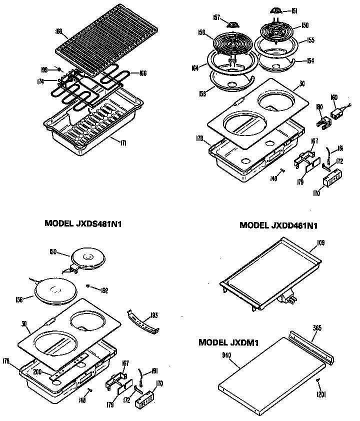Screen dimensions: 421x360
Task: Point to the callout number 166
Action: [142, 73]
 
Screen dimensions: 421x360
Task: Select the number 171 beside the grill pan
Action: [123, 143]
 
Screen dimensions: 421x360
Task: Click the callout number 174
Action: [40, 80]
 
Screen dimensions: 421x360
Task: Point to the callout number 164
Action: [196, 67]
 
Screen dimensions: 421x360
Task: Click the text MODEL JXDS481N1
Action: [83, 224]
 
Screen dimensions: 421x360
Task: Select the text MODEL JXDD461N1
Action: [278, 225]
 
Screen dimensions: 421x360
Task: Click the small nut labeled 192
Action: [88, 286]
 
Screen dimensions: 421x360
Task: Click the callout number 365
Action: [317, 328]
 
